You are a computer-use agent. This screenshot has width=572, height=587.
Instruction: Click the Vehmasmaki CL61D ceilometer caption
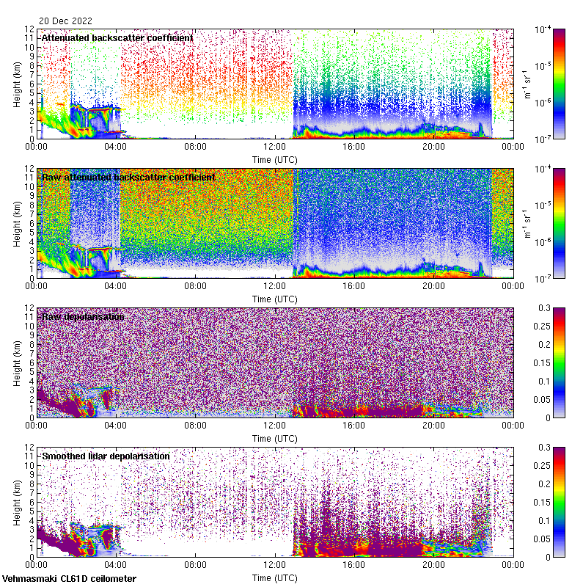point(69,579)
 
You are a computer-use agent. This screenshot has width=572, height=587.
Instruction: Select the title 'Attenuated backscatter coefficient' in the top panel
point(117,37)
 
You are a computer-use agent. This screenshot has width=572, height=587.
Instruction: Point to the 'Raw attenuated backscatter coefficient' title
point(128,177)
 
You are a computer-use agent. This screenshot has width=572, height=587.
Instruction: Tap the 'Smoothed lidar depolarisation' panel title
point(106,456)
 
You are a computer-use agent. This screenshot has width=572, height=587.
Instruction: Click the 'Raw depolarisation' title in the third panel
point(82,316)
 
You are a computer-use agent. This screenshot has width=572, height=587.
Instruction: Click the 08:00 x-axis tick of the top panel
point(195,146)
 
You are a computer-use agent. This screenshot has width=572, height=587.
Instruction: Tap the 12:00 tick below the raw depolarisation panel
point(274,425)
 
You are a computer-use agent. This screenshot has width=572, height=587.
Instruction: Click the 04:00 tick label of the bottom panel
point(116,564)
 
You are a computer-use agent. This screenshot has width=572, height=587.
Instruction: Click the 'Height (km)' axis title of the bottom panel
point(16,502)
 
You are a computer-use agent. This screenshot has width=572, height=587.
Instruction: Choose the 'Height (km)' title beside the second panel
point(16,223)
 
